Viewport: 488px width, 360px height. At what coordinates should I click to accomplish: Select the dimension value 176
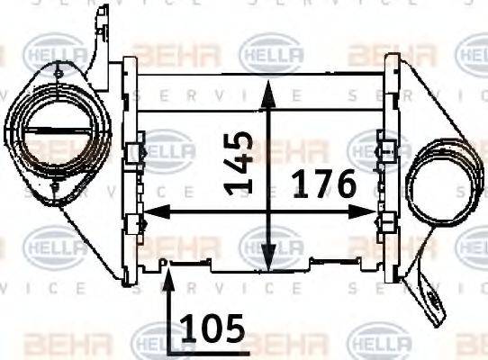tap(323, 186)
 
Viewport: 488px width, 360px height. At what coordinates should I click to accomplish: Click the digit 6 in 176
tap(342, 186)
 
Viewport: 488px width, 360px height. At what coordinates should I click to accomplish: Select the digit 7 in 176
tap(322, 186)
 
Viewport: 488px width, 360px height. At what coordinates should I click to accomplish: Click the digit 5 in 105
tap(233, 329)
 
